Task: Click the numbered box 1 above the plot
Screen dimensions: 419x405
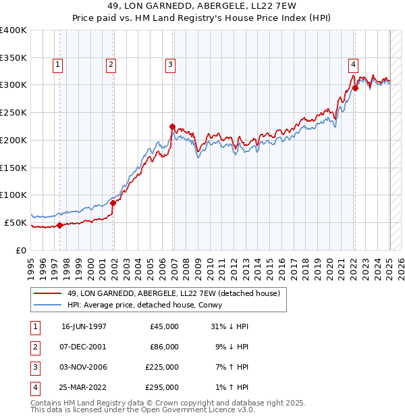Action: (x=57, y=65)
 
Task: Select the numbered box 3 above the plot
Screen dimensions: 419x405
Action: (x=170, y=65)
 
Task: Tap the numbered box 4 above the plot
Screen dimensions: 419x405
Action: (x=353, y=65)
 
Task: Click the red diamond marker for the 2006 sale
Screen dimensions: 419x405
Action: (x=172, y=126)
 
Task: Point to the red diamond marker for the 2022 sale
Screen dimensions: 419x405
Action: (x=355, y=87)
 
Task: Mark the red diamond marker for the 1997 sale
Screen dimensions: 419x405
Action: (x=59, y=226)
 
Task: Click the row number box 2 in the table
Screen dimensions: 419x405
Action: (x=34, y=347)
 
